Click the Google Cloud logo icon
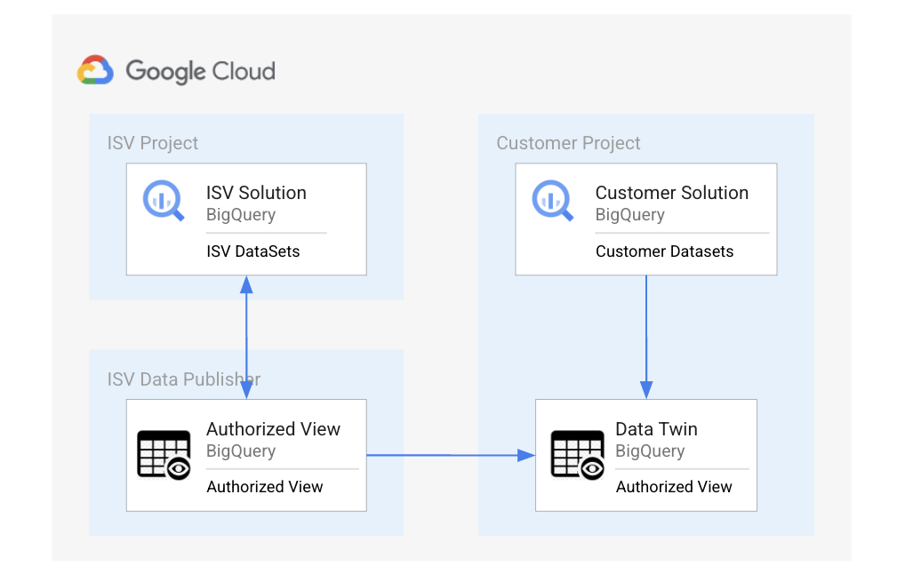click(95, 70)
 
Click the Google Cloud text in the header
click(200, 71)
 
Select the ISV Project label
click(153, 143)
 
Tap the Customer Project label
click(568, 143)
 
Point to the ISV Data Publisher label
click(184, 379)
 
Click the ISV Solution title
click(256, 193)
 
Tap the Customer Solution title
click(671, 193)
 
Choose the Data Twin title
click(656, 429)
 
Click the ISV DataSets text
click(252, 251)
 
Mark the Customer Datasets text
click(664, 251)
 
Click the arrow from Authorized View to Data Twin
click(450, 455)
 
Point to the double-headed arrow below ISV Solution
click(246, 338)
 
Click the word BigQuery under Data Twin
click(650, 450)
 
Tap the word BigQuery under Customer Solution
click(629, 214)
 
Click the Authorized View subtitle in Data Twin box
click(674, 487)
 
